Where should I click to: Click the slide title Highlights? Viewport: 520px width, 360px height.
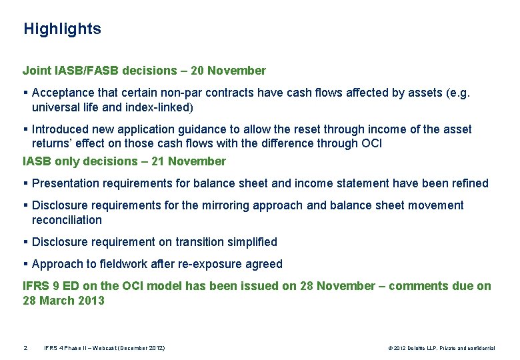pos(62,29)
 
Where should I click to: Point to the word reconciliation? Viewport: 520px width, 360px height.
pos(67,220)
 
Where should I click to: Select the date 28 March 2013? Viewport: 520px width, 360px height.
pos(63,301)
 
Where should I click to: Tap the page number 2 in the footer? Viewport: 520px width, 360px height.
pos(25,348)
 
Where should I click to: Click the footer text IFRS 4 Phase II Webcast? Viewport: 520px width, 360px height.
pos(104,348)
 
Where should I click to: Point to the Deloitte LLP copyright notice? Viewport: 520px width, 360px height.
pos(441,348)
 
